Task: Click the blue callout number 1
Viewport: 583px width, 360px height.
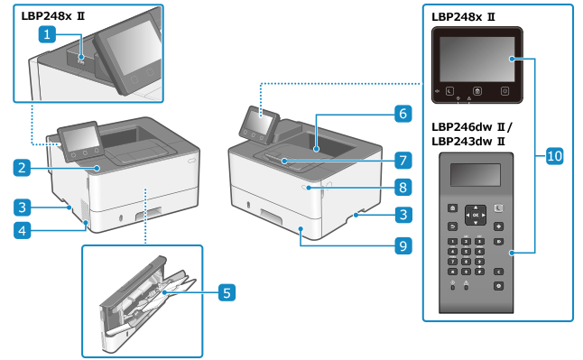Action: pyautogui.click(x=47, y=34)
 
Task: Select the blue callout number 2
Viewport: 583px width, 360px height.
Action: pyautogui.click(x=22, y=167)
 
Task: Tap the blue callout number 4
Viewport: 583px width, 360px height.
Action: pyautogui.click(x=22, y=230)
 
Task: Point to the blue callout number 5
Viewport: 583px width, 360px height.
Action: pyautogui.click(x=227, y=292)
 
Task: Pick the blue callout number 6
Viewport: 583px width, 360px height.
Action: pyautogui.click(x=403, y=114)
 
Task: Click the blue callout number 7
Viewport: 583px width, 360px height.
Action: pyautogui.click(x=403, y=161)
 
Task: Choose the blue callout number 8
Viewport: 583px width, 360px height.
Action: pyautogui.click(x=403, y=187)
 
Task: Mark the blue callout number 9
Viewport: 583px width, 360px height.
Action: pyautogui.click(x=403, y=245)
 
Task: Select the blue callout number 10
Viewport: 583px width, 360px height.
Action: pyautogui.click(x=554, y=155)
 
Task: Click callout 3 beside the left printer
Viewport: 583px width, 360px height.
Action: pyautogui.click(x=22, y=207)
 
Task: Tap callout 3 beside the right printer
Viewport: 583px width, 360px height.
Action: pyautogui.click(x=403, y=215)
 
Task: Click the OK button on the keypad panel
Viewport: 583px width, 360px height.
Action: pyautogui.click(x=476, y=215)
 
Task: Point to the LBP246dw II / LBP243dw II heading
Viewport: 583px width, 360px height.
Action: pyautogui.click(x=472, y=134)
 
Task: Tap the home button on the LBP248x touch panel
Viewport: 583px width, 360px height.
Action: pyautogui.click(x=477, y=91)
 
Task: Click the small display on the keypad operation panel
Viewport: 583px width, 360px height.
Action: pyautogui.click(x=476, y=174)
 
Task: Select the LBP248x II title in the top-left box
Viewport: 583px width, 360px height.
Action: pyautogui.click(x=53, y=16)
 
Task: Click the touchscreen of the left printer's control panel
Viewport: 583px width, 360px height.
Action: pyautogui.click(x=81, y=138)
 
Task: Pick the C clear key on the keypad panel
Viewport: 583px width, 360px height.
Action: pyautogui.click(x=498, y=272)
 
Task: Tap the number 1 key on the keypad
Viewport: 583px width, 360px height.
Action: pyautogui.click(x=452, y=242)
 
